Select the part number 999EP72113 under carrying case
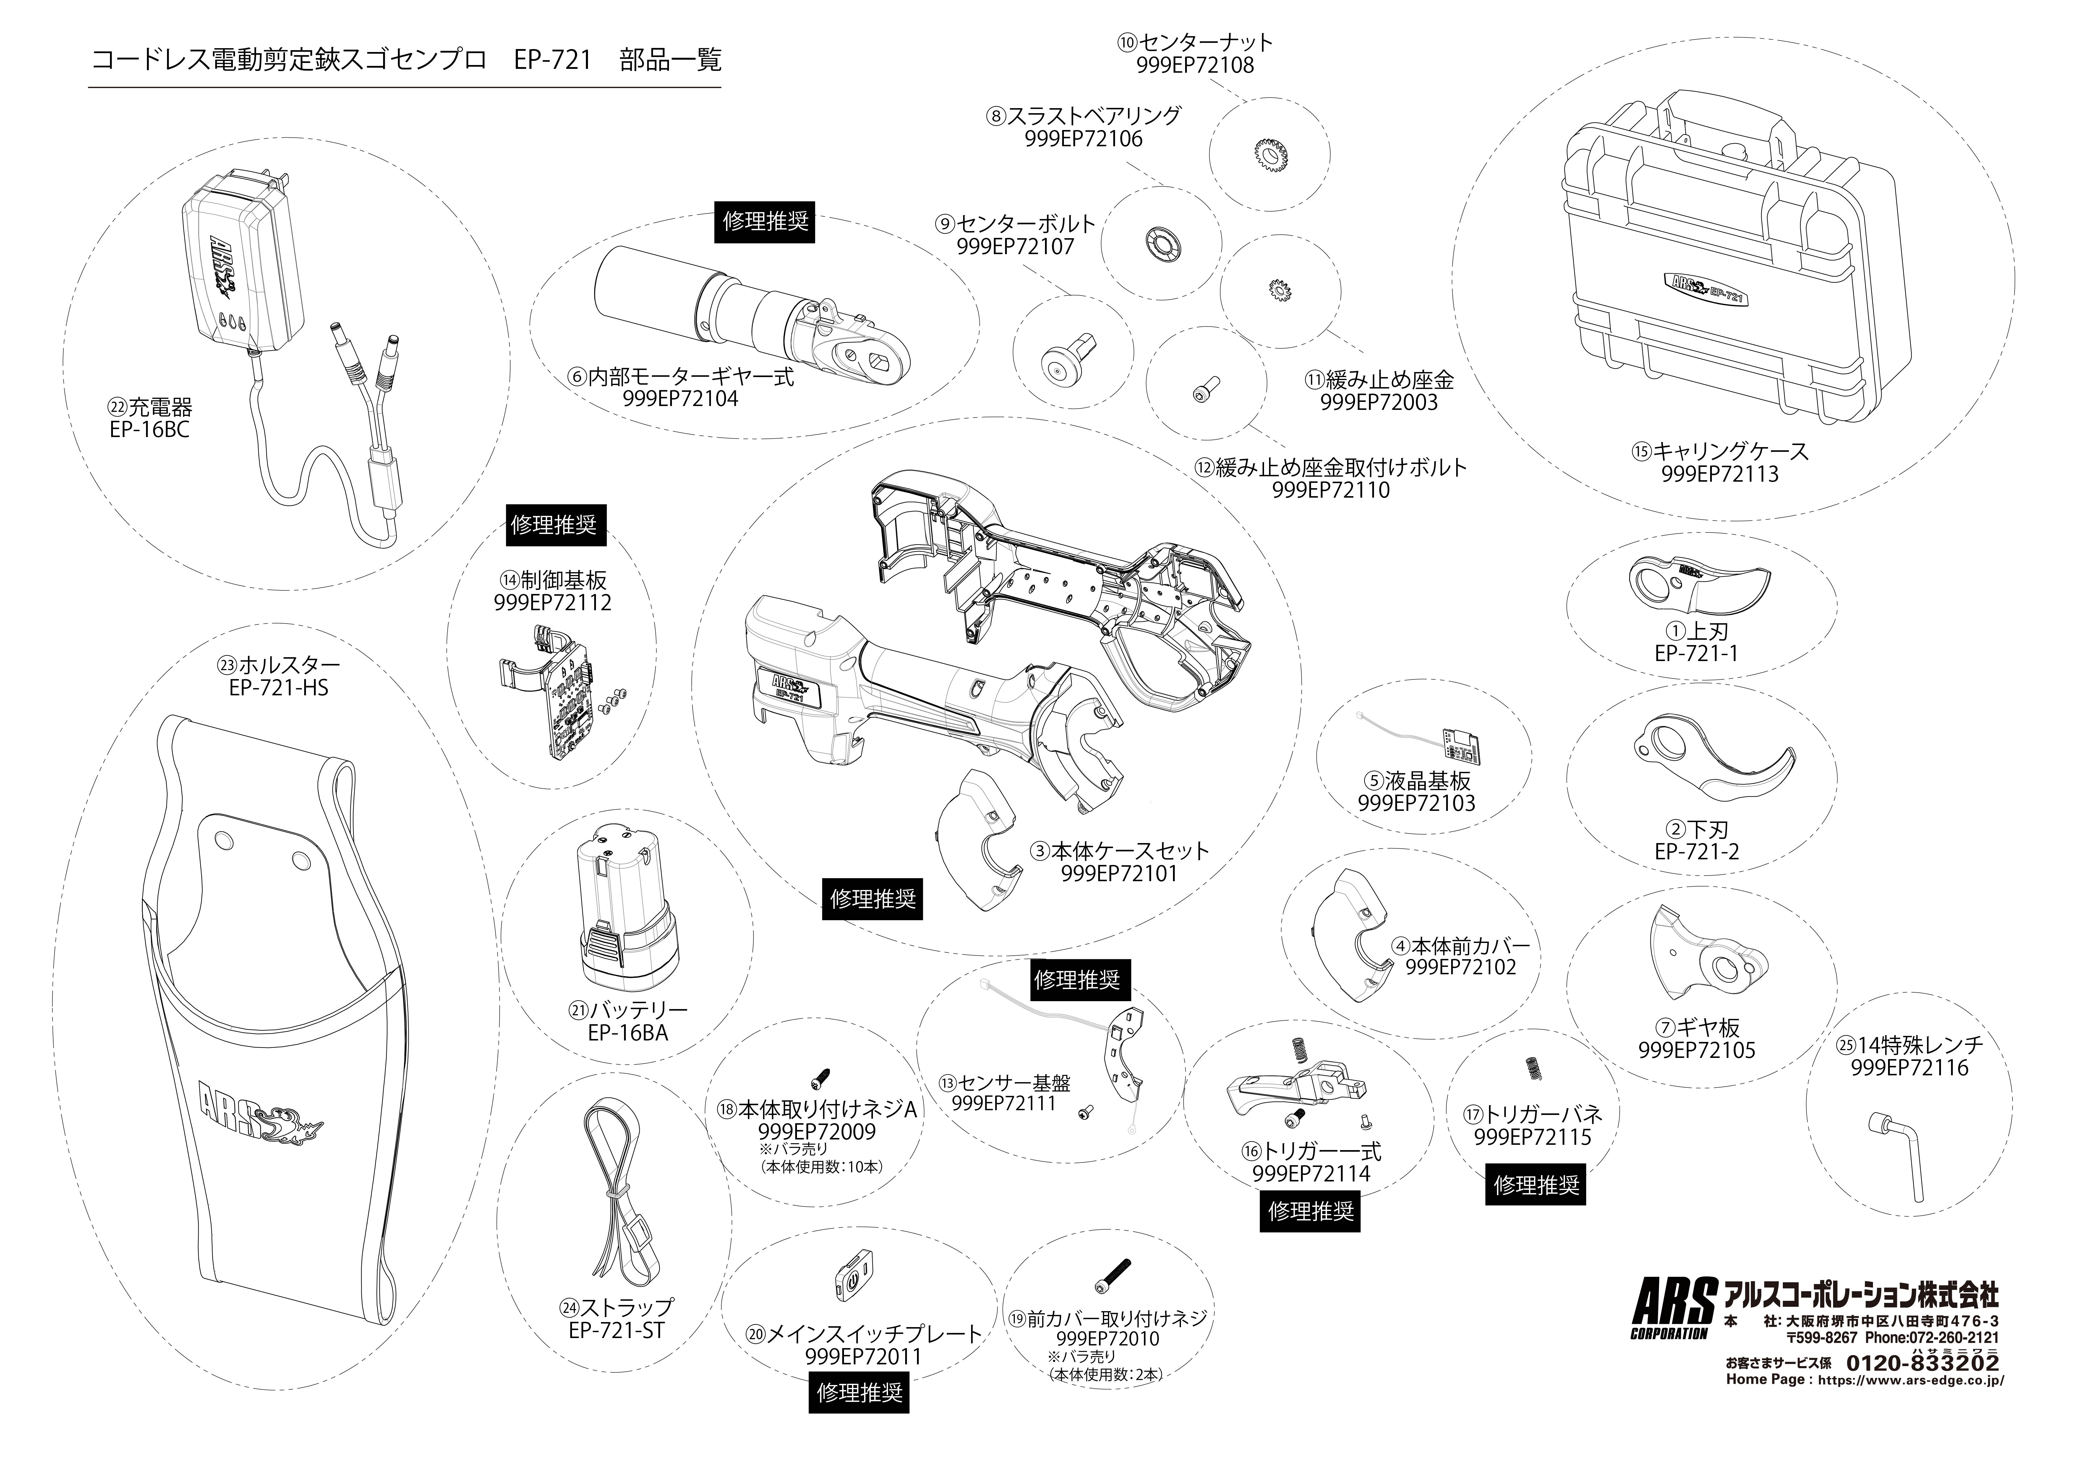point(1719,473)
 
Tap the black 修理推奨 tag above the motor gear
point(765,221)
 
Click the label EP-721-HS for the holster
point(278,688)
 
